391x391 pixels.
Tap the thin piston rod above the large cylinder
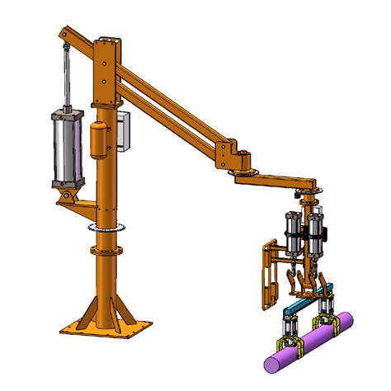64,78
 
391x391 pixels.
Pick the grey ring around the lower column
106,224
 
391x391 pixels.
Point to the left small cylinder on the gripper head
293,233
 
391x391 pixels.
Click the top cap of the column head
106,39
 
